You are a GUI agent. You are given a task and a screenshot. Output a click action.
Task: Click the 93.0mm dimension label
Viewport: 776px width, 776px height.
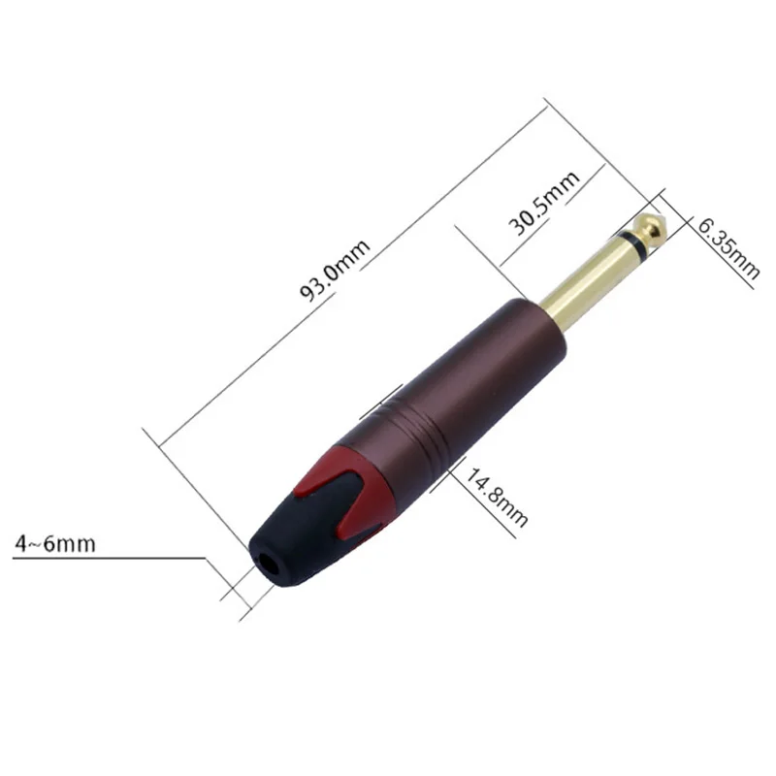tap(335, 271)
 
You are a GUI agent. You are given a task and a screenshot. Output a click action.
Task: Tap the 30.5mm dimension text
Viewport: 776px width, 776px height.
tap(544, 203)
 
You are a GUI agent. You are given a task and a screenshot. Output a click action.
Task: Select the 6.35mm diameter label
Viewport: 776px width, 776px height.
tap(728, 249)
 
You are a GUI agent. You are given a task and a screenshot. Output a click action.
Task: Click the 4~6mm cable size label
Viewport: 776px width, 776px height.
tap(55, 544)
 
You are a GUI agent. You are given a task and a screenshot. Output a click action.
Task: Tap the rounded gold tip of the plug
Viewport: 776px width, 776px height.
tap(653, 224)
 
